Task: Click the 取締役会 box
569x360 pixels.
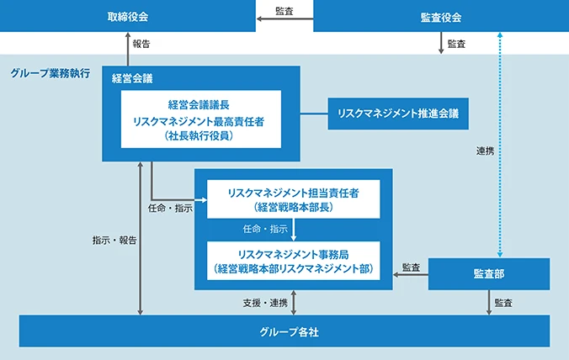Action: point(128,17)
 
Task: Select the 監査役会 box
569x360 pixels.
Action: point(440,17)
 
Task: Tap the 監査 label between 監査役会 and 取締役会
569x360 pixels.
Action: point(284,11)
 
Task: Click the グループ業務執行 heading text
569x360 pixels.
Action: point(51,74)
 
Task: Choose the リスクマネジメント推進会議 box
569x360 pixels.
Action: point(398,114)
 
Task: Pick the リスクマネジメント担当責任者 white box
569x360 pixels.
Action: point(293,199)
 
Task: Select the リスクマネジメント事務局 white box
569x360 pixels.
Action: point(293,261)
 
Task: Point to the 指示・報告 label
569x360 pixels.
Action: point(114,240)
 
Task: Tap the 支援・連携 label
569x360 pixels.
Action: point(264,302)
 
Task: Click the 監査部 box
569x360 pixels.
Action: point(489,274)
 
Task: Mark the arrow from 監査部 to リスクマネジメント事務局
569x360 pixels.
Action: point(411,274)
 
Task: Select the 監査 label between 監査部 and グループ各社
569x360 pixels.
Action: point(505,302)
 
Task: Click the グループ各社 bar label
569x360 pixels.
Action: point(284,331)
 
